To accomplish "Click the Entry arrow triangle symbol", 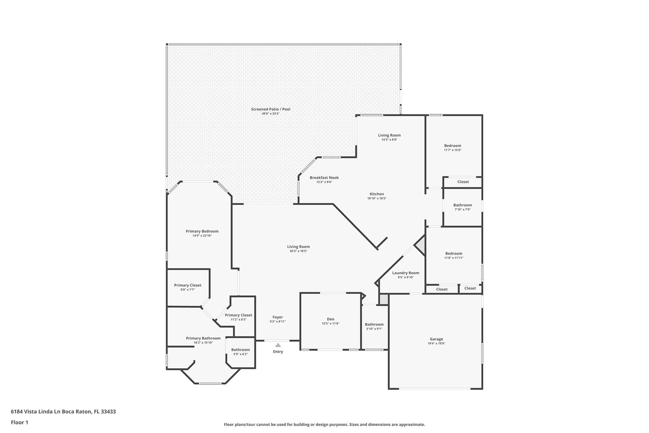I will point(278,345).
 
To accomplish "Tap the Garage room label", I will point(436,339).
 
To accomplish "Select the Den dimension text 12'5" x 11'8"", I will point(331,324).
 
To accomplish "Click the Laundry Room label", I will point(406,273).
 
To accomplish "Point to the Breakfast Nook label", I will point(324,178).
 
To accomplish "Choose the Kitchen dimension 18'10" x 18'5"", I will point(377,199).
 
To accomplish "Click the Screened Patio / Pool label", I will point(271,109).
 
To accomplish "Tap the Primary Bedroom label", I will point(202,231).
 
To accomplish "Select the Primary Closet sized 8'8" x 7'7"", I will point(188,285).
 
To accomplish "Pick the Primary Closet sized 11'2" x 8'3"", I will point(239,315).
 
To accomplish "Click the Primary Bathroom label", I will point(203,338).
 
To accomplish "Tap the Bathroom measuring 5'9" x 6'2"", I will point(241,350).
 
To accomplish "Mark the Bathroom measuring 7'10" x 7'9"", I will point(463,205).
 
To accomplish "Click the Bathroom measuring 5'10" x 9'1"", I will point(374,324).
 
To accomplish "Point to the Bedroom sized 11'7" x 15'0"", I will point(453,146).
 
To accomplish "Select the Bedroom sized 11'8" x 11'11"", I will point(454,253).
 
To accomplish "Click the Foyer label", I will point(278,317).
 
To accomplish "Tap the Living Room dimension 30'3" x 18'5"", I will point(298,251).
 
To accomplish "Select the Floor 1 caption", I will point(20,422).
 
